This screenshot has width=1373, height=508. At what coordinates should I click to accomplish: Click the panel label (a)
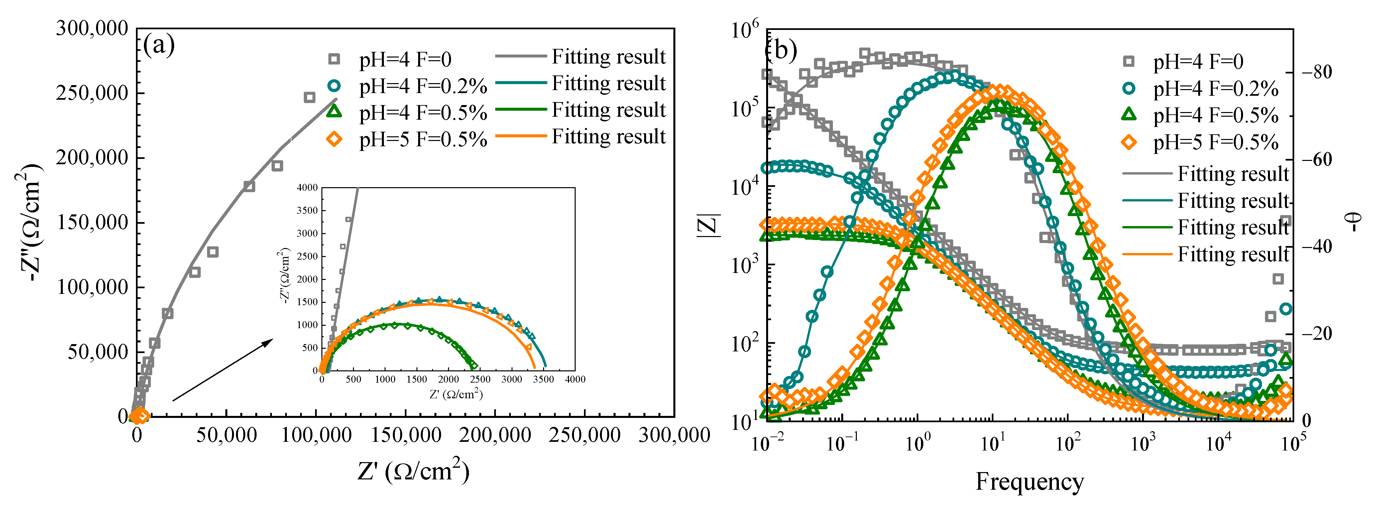click(x=159, y=45)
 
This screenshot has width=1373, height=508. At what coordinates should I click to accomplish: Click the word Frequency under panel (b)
click(x=1029, y=481)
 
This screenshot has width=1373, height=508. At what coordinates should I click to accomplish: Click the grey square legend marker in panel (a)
click(x=334, y=59)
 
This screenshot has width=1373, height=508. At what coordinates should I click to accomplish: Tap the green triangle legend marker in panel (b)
click(x=1129, y=115)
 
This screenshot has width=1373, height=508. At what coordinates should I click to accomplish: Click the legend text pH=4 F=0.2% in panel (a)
click(x=423, y=86)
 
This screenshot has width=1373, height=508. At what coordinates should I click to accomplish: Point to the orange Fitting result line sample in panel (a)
click(x=521, y=136)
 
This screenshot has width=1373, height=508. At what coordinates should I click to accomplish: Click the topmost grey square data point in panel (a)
click(x=309, y=97)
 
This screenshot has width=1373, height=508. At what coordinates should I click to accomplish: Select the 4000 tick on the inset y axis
click(x=307, y=188)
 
